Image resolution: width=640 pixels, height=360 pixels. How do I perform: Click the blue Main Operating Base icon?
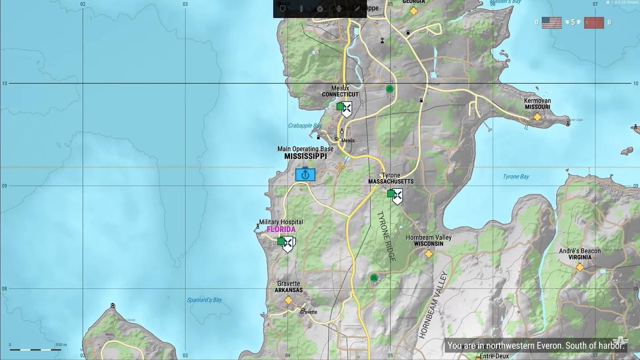[305, 174]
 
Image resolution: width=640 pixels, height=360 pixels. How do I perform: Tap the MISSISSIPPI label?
[305, 157]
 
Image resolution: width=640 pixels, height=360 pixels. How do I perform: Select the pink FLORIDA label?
[281, 229]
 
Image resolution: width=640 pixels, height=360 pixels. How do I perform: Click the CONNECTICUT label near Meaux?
[340, 94]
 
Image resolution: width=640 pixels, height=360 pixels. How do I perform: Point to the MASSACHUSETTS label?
[391, 182]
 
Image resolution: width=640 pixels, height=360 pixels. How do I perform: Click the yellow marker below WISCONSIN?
[428, 253]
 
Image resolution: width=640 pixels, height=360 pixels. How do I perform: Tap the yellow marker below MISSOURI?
[537, 117]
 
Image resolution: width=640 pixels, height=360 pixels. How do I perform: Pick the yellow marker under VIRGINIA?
[580, 267]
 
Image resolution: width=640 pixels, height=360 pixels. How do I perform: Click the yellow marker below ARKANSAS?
[288, 300]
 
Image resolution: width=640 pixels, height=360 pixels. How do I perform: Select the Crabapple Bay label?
[305, 125]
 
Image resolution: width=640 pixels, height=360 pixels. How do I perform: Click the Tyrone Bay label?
[516, 177]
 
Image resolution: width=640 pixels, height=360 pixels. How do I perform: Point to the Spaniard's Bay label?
[204, 300]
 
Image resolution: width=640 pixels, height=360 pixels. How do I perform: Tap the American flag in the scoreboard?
[551, 23]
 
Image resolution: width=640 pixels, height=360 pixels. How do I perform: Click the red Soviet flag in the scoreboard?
[594, 23]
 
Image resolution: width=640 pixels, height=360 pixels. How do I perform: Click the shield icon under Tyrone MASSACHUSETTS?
[397, 196]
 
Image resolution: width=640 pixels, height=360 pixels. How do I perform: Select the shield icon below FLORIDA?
[288, 244]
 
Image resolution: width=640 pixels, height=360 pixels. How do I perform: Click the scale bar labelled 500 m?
[35, 349]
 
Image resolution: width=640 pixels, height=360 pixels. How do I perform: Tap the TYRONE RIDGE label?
[387, 237]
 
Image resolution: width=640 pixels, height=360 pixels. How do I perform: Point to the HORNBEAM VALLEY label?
[433, 305]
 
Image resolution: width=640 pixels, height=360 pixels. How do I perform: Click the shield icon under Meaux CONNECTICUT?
[346, 109]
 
